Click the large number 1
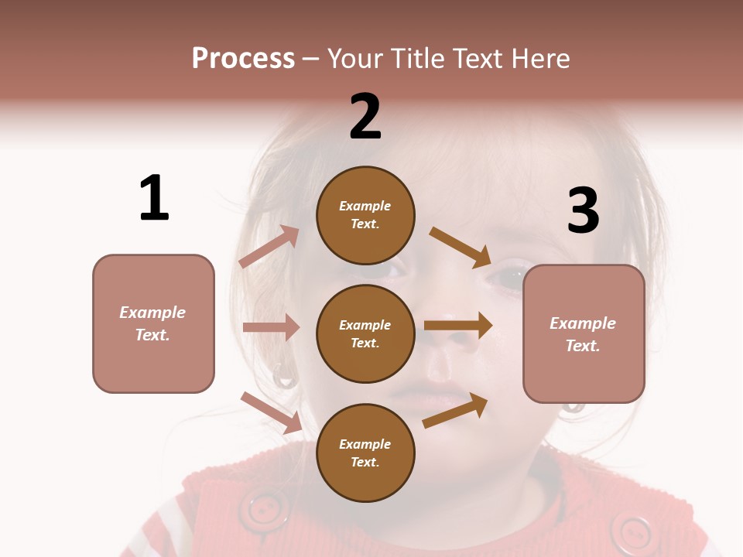tap(154, 198)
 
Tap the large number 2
tap(365, 116)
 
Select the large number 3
tap(584, 210)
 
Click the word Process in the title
tap(243, 58)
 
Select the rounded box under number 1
tap(153, 323)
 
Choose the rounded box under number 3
tap(584, 333)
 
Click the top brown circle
tap(365, 215)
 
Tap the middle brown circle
tap(365, 333)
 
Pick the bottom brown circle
tap(365, 453)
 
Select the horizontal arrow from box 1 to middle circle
tap(271, 327)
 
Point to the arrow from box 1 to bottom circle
tap(272, 412)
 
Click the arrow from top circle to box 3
tap(461, 247)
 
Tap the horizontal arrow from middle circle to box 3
tap(458, 325)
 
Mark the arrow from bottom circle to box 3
tap(455, 410)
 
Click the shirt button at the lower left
tap(263, 511)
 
